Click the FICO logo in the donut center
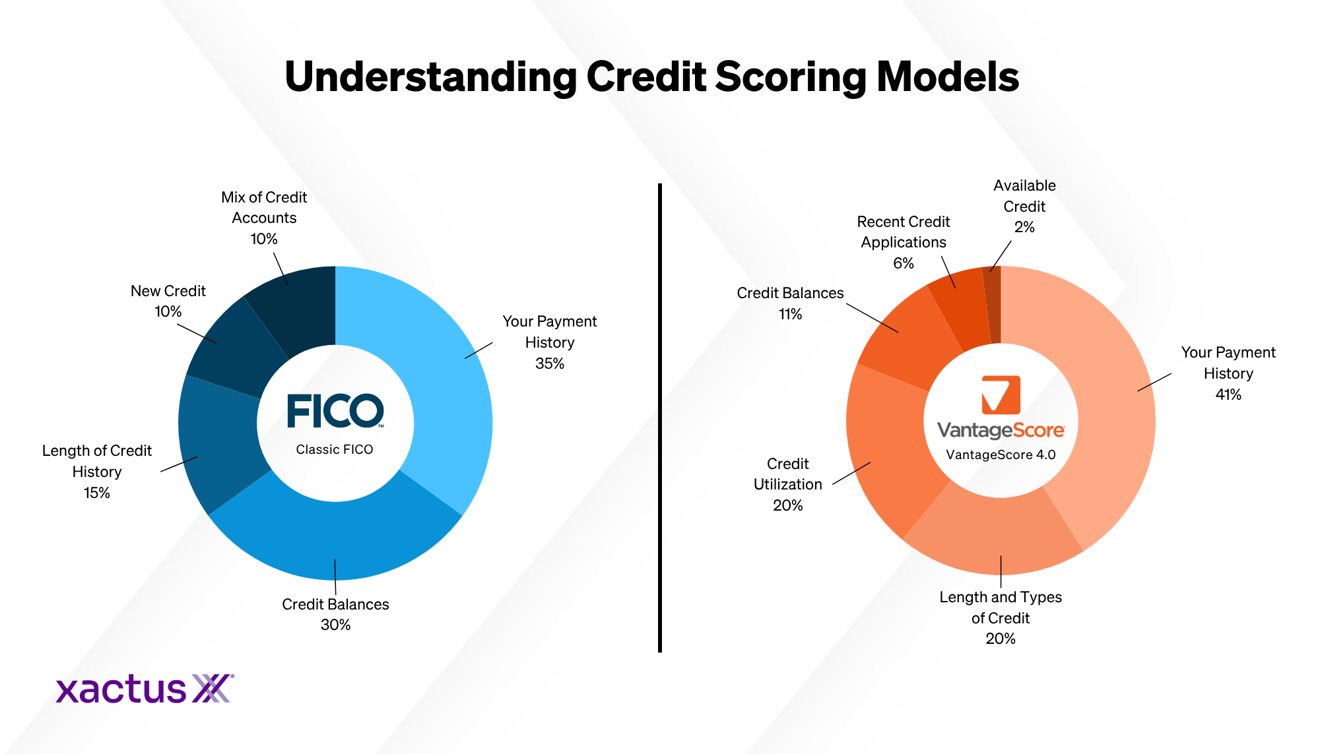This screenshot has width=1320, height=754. pyautogui.click(x=335, y=411)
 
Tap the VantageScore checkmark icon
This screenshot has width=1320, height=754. pyautogui.click(x=1001, y=394)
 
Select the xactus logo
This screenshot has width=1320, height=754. pyautogui.click(x=145, y=689)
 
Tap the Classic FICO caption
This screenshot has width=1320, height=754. pyautogui.click(x=335, y=449)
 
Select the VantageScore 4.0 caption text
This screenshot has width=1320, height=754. pyautogui.click(x=1001, y=455)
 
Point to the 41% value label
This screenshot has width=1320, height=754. pyautogui.click(x=1228, y=394)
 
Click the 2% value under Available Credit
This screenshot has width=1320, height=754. pyautogui.click(x=1024, y=228)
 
